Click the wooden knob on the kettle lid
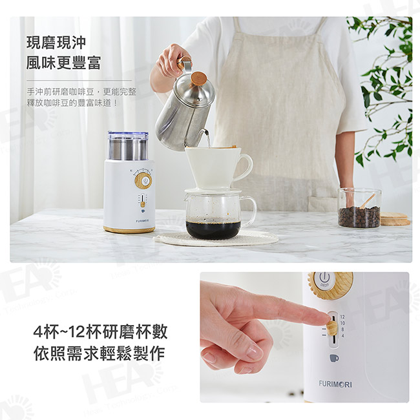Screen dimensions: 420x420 point(199,79)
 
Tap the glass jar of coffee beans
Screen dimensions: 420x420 point(359,208)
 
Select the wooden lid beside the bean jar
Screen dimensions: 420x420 point(395,219)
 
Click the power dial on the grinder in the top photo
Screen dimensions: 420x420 point(143,181)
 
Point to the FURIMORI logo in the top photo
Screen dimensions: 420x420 point(128,219)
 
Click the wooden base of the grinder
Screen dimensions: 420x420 point(129,229)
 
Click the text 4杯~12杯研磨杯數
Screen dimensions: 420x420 point(100,332)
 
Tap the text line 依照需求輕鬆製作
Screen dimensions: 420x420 point(100,353)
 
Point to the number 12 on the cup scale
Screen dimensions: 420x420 point(342,317)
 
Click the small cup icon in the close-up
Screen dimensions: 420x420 point(333,357)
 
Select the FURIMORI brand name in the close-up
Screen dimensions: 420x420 point(335,383)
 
